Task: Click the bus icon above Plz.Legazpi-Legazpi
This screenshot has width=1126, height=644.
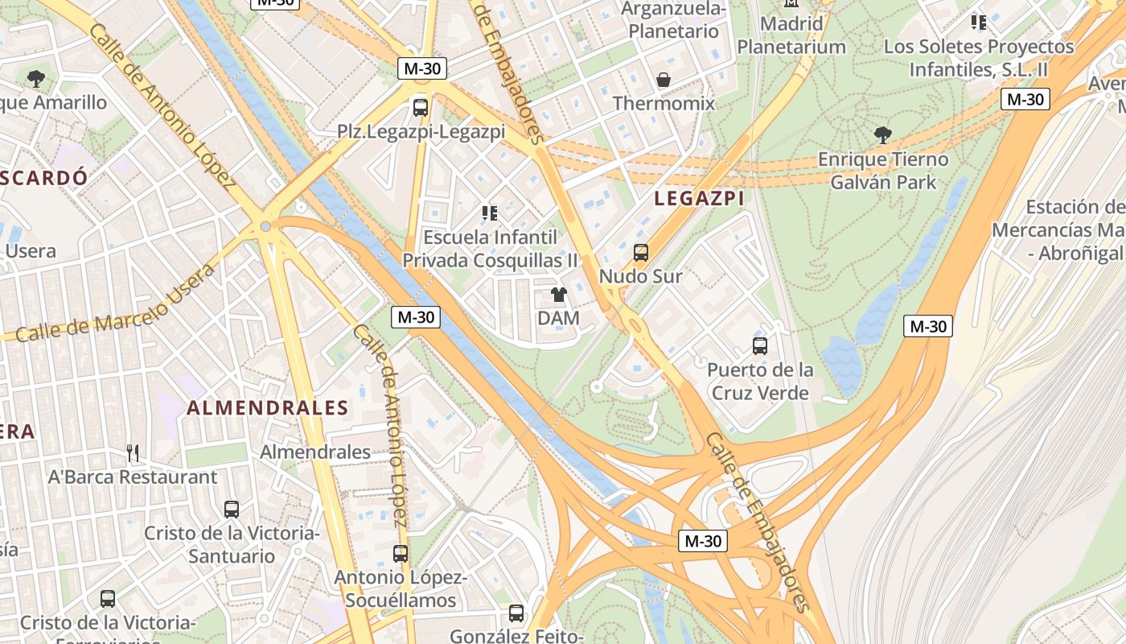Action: coord(420,107)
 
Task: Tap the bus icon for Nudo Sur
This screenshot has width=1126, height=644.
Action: coord(641,252)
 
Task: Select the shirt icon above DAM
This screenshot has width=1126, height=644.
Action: coord(559,295)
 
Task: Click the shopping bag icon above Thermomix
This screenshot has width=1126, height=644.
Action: coord(664,80)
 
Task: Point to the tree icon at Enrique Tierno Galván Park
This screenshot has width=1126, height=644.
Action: coord(882,134)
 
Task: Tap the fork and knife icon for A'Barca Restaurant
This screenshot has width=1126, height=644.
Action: coord(133,453)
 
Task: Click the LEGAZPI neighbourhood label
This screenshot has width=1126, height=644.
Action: coord(698,198)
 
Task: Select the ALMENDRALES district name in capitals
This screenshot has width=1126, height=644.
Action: coord(268,408)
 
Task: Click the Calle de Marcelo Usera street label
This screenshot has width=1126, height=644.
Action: coord(117,303)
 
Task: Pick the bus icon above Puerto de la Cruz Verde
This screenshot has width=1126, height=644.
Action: coord(760,346)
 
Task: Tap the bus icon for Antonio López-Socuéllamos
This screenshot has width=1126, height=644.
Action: coord(400,554)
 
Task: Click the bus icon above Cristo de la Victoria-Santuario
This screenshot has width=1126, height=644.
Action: coord(232,509)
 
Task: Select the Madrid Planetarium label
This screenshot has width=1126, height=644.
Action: coord(791,35)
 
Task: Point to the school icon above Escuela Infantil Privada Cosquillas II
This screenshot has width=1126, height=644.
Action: coord(490,213)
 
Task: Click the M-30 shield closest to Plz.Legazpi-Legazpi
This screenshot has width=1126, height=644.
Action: coord(422,68)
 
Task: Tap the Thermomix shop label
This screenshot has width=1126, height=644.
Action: coord(664,103)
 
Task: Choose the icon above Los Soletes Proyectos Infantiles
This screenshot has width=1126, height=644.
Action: coord(978,23)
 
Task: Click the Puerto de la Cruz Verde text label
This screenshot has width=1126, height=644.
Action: coord(760,382)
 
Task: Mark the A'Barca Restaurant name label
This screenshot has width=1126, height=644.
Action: coord(133,477)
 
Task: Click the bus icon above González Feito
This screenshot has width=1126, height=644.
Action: coord(516,613)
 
